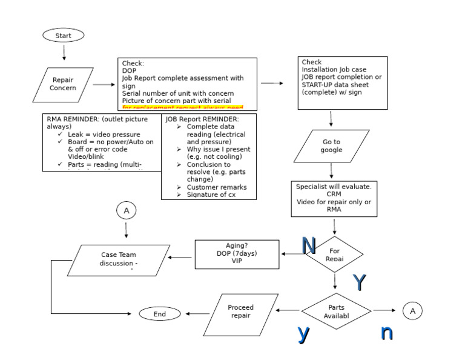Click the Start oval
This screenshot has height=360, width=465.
64,36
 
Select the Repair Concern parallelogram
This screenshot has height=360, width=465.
63,84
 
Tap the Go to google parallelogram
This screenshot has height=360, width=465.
331,146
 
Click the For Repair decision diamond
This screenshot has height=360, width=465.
334,254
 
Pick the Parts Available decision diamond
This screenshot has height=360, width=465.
336,311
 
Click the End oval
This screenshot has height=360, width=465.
160,314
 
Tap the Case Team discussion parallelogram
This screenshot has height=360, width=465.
119,259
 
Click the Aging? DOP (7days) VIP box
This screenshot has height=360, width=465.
237,254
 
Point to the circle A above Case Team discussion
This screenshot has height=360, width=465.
127,211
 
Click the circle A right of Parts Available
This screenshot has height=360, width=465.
412,311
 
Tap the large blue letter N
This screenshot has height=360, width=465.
309,245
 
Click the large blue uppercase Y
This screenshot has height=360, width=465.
359,282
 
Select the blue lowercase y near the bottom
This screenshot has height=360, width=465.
304,333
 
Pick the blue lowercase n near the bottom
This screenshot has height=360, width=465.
386,332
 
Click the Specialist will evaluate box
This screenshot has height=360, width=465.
334,198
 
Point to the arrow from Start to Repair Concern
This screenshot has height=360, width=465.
64,53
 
